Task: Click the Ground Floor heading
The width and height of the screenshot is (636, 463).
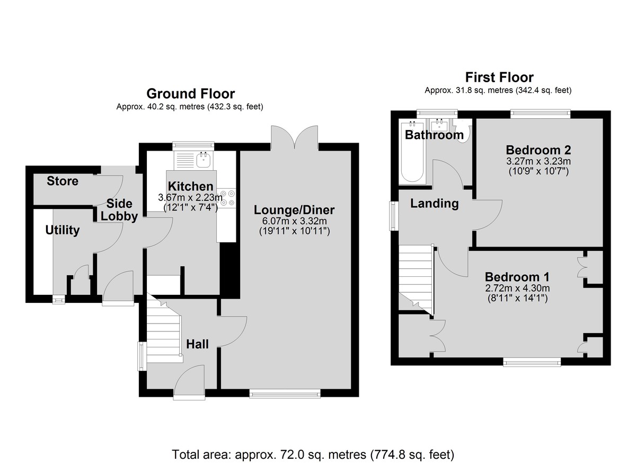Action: pyautogui.click(x=190, y=93)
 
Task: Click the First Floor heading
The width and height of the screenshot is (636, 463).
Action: pyautogui.click(x=499, y=77)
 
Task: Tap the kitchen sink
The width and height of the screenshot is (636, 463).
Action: pyautogui.click(x=204, y=160)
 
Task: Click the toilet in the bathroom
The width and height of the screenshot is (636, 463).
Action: pyautogui.click(x=463, y=131)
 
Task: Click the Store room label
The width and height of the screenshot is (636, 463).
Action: pyautogui.click(x=63, y=181)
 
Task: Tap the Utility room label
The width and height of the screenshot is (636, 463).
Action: pyautogui.click(x=63, y=230)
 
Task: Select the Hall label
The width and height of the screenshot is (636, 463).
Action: pyautogui.click(x=197, y=344)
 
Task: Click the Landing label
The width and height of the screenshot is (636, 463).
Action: pyautogui.click(x=435, y=203)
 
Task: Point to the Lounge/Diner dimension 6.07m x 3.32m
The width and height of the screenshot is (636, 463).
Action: pyautogui.click(x=295, y=221)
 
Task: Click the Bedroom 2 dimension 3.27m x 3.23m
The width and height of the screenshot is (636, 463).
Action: pyautogui.click(x=538, y=161)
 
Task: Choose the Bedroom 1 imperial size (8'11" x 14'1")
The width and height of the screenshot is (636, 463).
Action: pyautogui.click(x=517, y=298)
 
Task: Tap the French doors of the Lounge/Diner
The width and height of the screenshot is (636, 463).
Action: pyautogui.click(x=295, y=137)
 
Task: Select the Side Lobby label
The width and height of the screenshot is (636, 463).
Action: pyautogui.click(x=119, y=210)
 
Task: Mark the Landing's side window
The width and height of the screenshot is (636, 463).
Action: pyautogui.click(x=393, y=216)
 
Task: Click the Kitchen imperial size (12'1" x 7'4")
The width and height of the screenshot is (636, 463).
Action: pyautogui.click(x=190, y=208)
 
